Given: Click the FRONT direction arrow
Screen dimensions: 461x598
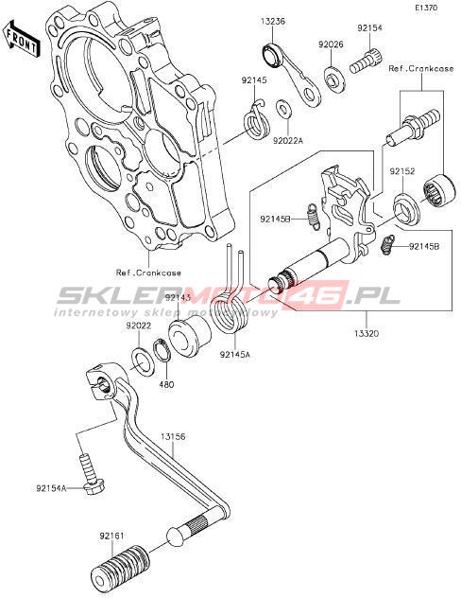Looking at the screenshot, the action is pos(22,40).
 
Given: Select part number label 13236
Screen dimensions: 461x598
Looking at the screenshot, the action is pos(273,22).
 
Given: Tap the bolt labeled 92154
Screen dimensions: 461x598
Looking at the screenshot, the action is pos(366,62).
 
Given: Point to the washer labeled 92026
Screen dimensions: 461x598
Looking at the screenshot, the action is pos(334,79).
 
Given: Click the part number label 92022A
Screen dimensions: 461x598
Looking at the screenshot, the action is pos(287,141).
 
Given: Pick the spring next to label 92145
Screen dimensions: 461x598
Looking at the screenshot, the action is pos(257,120).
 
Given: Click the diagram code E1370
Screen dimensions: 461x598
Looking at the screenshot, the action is pos(427,8).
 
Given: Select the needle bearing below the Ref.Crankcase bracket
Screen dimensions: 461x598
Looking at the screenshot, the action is pos(439,190).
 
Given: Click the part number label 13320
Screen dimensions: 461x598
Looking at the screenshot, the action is pos(367,333).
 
